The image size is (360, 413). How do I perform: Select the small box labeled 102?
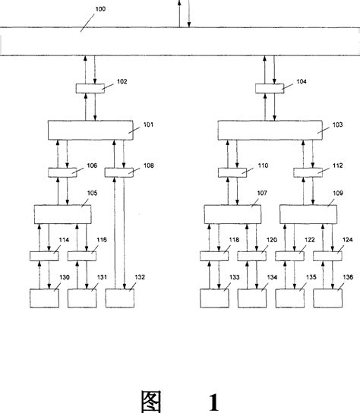[x=90, y=90]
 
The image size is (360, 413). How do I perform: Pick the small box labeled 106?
[x=62, y=172]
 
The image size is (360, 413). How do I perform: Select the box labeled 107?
[x=232, y=214]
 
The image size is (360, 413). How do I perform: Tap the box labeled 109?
[x=308, y=214]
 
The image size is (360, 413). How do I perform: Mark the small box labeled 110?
[x=232, y=172]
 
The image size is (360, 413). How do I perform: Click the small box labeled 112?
[x=308, y=172]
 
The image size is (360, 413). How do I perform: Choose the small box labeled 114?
[x=44, y=256]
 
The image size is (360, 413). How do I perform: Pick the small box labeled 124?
[x=327, y=256]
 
